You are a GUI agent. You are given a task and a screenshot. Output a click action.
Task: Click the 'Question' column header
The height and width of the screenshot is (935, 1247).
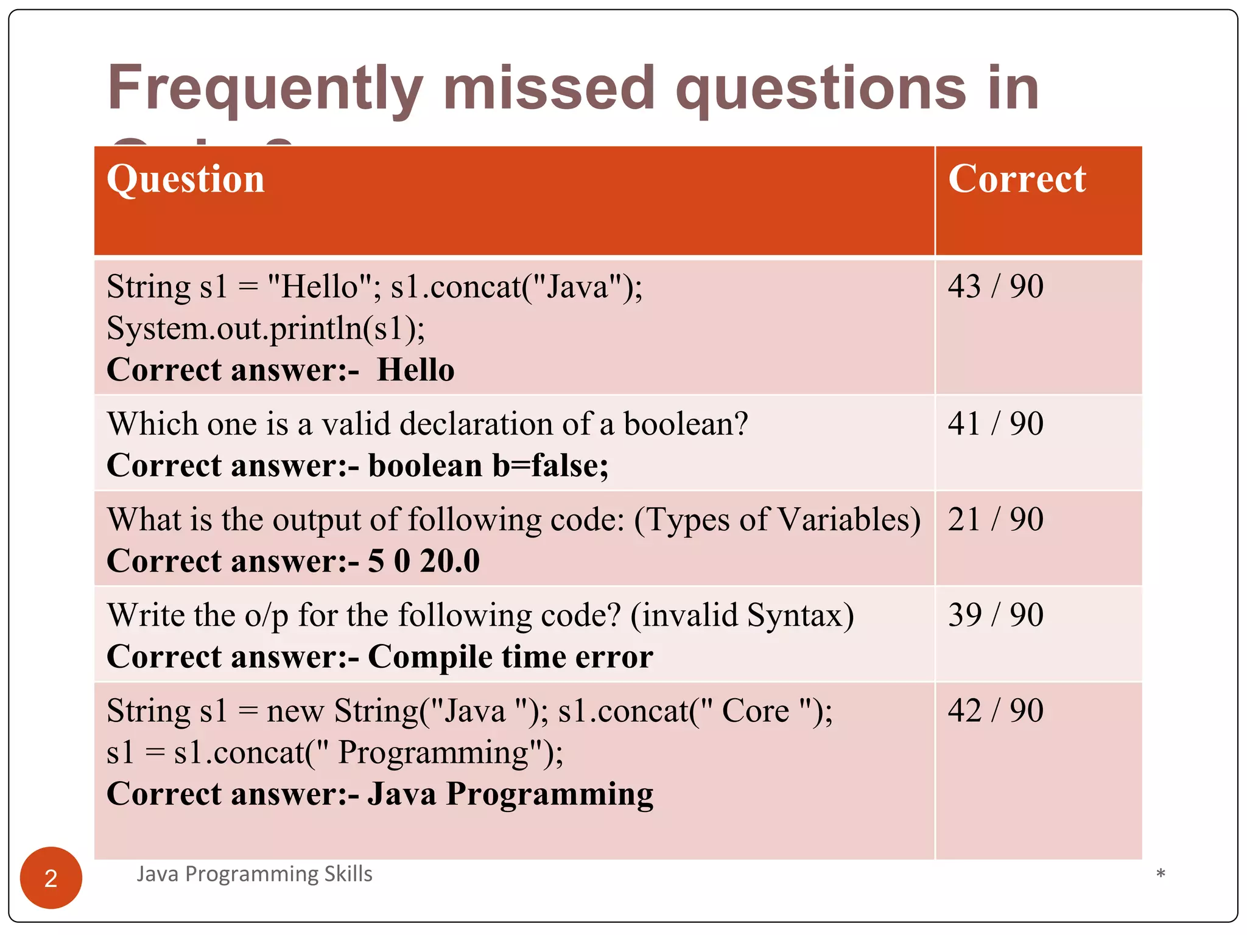point(186,180)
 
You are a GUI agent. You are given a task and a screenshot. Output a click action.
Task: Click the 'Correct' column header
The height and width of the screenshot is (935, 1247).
point(1017,180)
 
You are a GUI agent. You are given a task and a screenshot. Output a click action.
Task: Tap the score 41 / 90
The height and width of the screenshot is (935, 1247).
point(996,424)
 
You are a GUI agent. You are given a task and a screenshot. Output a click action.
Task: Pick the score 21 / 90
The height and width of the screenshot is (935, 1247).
point(996,519)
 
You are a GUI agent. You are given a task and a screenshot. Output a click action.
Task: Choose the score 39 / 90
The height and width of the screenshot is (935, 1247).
point(996,615)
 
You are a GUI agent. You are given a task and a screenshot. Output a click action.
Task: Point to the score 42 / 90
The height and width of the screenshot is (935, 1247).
point(996,710)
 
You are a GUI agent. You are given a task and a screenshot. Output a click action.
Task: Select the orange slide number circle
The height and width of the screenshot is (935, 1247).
point(51,878)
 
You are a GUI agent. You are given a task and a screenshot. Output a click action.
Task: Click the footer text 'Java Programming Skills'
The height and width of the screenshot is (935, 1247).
point(254,874)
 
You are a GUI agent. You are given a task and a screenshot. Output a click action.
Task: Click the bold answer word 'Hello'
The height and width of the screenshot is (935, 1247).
point(416,370)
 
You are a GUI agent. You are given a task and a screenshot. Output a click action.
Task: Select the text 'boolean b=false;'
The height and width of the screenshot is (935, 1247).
point(488,466)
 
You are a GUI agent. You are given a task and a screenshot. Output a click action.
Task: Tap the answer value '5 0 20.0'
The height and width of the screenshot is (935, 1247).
point(424,561)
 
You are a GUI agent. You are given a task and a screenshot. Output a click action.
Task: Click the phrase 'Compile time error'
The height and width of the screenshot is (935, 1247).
point(510,657)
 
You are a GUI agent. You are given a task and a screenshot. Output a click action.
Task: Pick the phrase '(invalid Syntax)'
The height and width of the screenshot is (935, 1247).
point(742,615)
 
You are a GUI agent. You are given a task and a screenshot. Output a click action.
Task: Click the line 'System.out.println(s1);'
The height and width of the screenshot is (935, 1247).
point(265,329)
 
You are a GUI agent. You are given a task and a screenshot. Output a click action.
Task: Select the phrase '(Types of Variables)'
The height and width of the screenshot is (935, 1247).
point(777,520)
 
